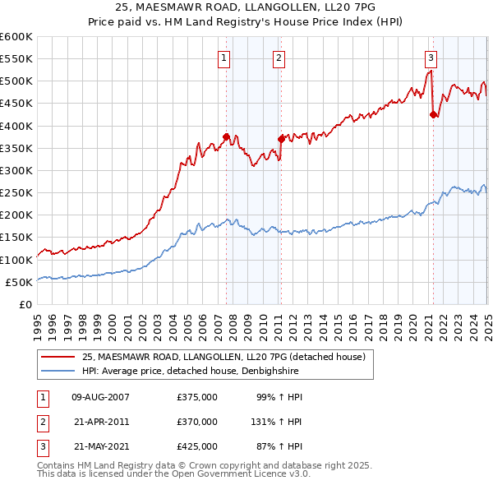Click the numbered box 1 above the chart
click(x=223, y=58)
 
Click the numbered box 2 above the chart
click(x=279, y=58)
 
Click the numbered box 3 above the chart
click(x=431, y=58)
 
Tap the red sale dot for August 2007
click(x=226, y=137)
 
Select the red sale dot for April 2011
click(x=281, y=139)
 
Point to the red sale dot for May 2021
click(x=433, y=115)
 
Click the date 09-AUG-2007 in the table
click(x=102, y=397)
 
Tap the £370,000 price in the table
click(x=197, y=422)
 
